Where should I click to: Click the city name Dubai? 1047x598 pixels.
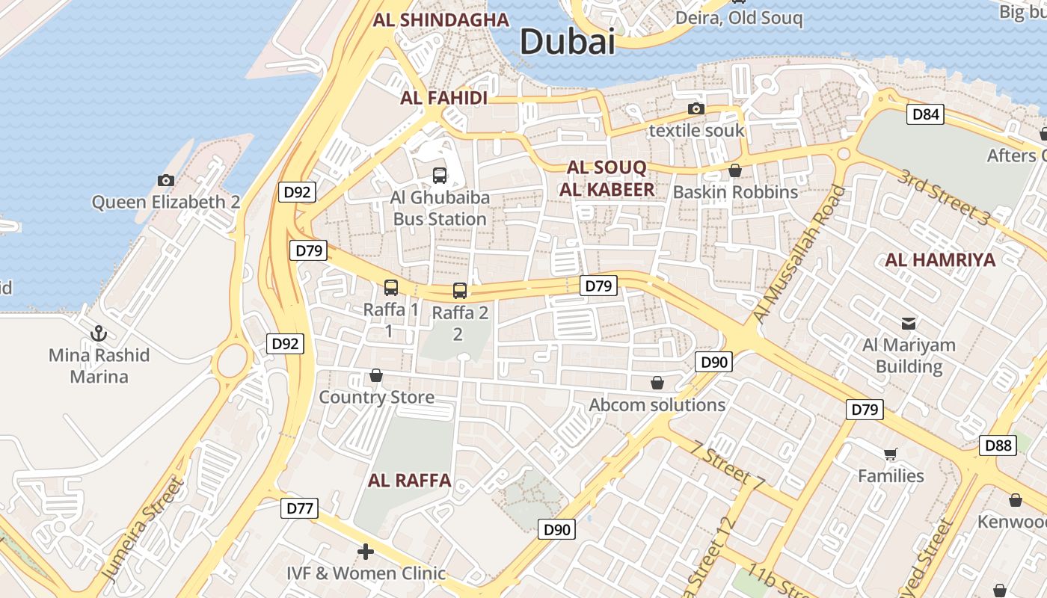[568, 41]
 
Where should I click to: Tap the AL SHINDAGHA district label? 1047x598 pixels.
[440, 20]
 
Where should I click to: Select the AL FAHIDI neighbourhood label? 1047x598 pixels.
[443, 98]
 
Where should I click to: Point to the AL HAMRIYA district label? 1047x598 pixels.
[940, 260]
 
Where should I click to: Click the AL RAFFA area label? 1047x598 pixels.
[409, 481]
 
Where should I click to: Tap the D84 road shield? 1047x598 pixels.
[925, 114]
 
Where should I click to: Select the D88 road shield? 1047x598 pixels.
[998, 446]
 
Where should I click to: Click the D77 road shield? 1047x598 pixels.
[300, 509]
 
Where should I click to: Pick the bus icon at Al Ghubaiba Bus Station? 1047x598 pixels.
[440, 176]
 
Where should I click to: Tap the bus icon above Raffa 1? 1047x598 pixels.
[390, 287]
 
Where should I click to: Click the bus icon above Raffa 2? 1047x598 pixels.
[460, 291]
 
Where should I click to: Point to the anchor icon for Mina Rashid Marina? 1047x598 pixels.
[99, 333]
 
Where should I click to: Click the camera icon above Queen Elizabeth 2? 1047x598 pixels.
[166, 180]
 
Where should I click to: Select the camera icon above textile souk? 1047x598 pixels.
[696, 109]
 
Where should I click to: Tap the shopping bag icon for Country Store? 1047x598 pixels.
[376, 375]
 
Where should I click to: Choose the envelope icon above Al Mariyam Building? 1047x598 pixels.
[909, 324]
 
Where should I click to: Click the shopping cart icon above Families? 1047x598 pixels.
[890, 454]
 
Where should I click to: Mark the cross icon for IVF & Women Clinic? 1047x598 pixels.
[366, 552]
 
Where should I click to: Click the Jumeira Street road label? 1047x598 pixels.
[143, 530]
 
